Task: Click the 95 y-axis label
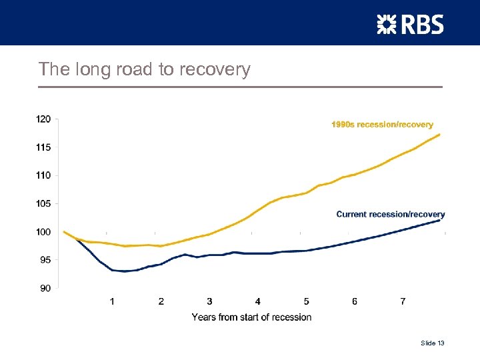click(x=45, y=260)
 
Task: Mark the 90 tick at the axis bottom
click(x=45, y=288)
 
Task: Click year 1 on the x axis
click(x=112, y=301)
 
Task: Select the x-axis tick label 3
click(x=209, y=301)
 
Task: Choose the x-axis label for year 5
click(x=306, y=301)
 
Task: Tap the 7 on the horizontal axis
click(x=403, y=301)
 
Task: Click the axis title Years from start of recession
click(x=251, y=317)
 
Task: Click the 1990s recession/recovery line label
click(x=382, y=125)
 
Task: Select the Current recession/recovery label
click(x=390, y=215)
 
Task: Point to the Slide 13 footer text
click(x=432, y=343)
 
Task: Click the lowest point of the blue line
click(x=124, y=271)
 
